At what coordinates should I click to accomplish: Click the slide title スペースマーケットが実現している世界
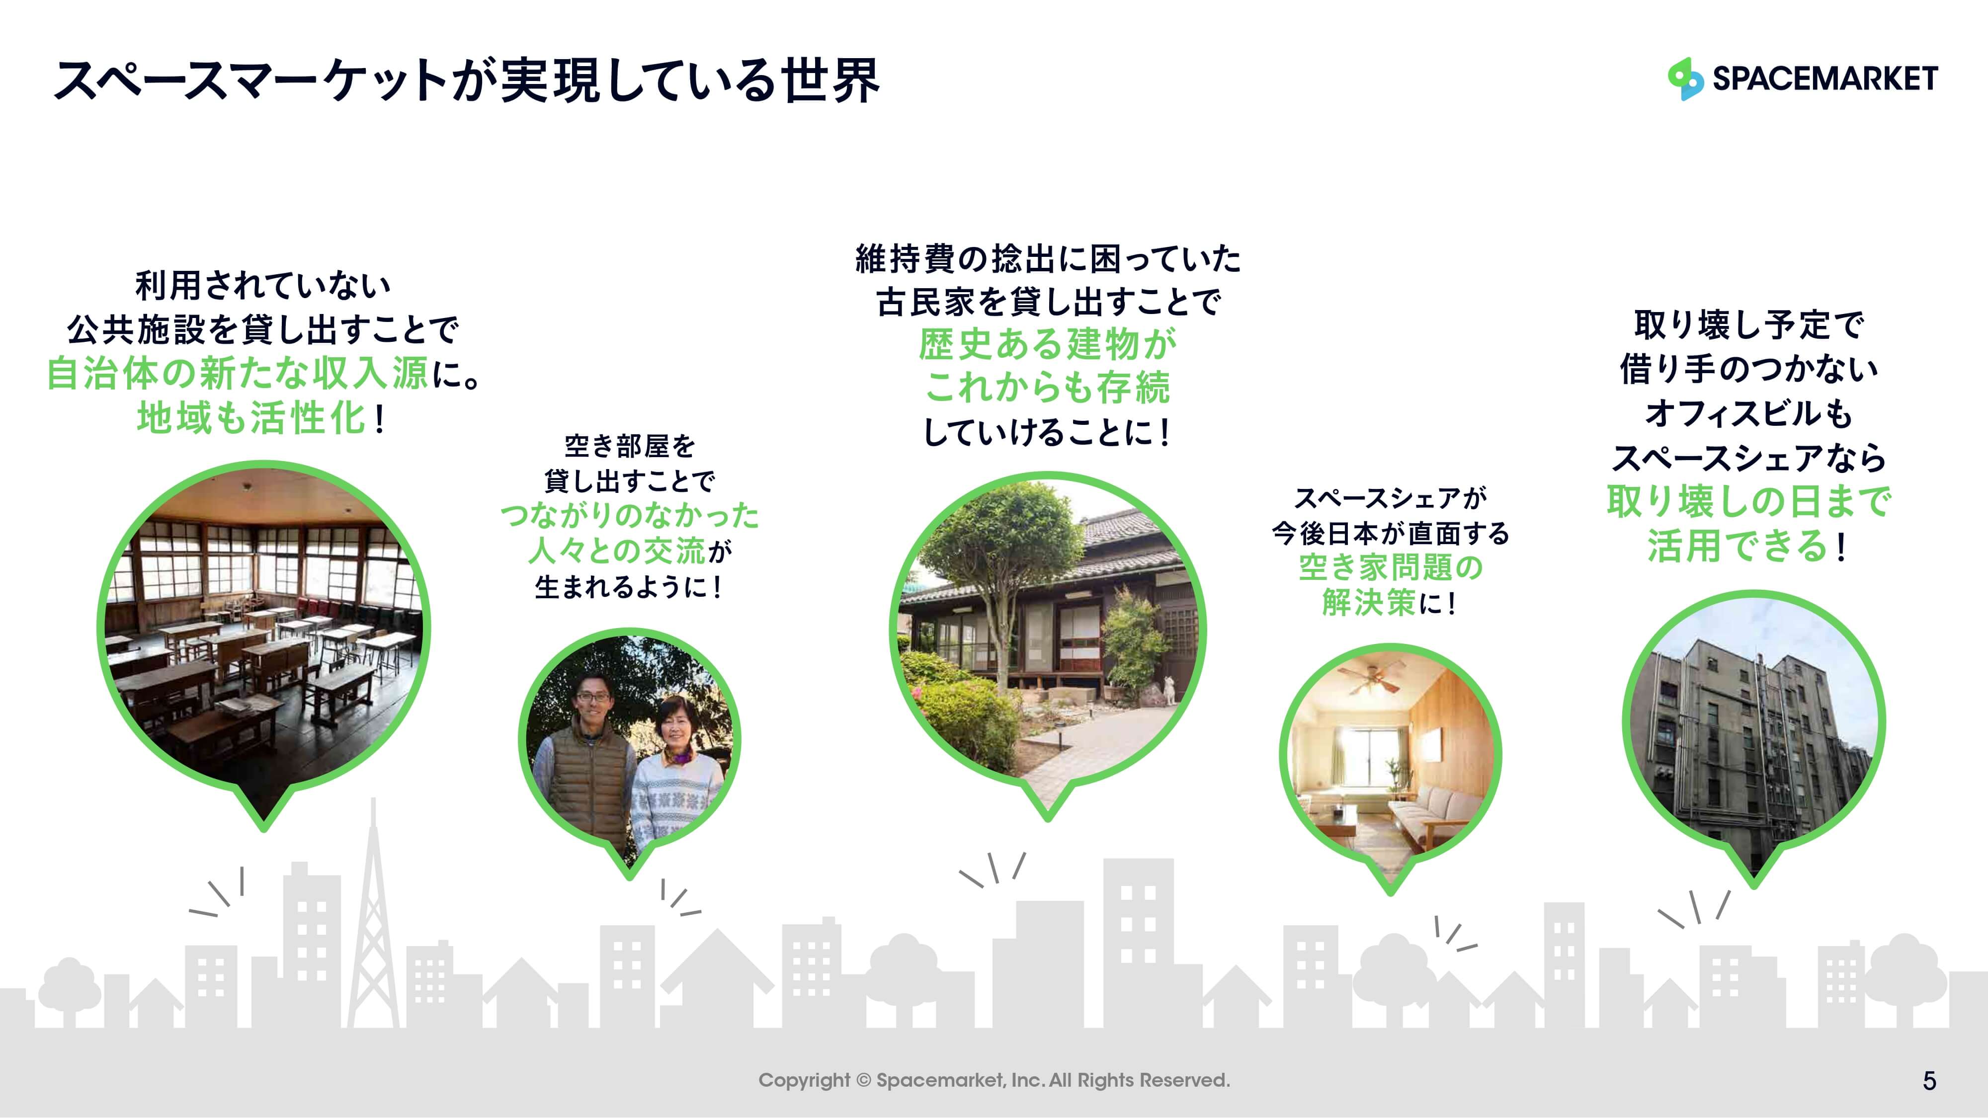tap(467, 80)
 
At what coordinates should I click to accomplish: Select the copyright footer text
tap(994, 1080)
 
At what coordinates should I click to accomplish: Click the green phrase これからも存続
tap(1047, 388)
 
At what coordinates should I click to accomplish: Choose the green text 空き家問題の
tap(1391, 567)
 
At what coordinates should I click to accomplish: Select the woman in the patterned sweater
tap(675, 772)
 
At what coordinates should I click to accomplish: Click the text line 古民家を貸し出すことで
tap(1049, 302)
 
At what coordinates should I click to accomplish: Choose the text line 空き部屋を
tap(630, 446)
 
